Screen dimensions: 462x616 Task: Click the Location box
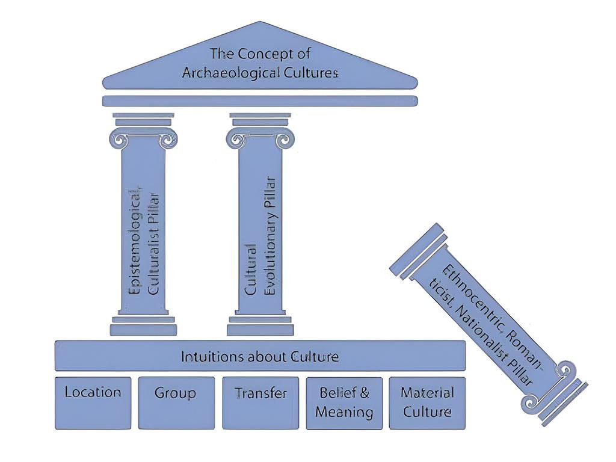[93, 402]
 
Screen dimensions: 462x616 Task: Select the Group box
[176, 402]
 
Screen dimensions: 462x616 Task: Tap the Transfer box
[260, 402]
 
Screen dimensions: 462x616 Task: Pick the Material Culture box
[427, 402]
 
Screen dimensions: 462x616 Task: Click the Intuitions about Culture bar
[260, 356]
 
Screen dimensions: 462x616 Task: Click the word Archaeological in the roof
[221, 73]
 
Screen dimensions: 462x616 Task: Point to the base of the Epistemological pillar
[143, 325]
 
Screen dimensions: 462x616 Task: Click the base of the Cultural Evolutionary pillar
[260, 325]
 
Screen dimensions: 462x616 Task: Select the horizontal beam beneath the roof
[260, 101]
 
